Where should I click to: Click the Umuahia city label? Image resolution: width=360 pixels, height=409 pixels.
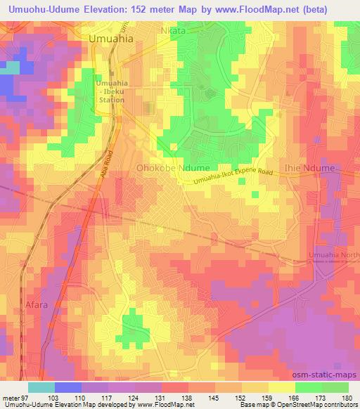point(112,40)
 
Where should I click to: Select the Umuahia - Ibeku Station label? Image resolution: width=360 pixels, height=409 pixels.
point(110,91)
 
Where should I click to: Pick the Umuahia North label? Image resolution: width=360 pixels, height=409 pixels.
point(333,254)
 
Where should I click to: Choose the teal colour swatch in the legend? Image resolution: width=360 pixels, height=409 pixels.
point(41,387)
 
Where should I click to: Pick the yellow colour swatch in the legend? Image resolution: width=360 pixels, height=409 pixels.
point(279,387)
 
